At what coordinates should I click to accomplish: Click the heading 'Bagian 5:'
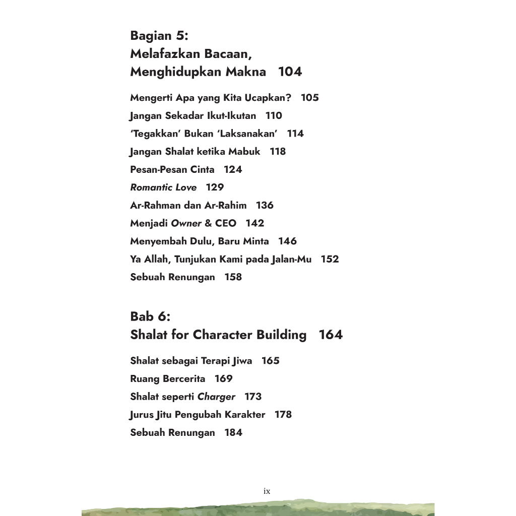pos(159,36)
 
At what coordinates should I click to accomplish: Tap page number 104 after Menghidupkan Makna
pos(290,72)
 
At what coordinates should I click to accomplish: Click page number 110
pos(274,115)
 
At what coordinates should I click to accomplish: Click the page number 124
pos(233,169)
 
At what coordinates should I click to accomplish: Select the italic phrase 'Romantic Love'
pos(163,187)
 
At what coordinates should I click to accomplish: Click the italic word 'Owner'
pos(186,223)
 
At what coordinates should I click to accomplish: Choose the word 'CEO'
pos(225,223)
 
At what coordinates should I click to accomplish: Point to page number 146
pos(287,241)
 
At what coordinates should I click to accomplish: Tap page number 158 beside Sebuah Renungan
pos(233,277)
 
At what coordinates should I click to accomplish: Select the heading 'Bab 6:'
pos(150,316)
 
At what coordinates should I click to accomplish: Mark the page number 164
pos(331,335)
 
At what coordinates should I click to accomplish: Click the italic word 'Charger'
pos(216,397)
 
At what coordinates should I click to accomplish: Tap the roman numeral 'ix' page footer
pos(267,491)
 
